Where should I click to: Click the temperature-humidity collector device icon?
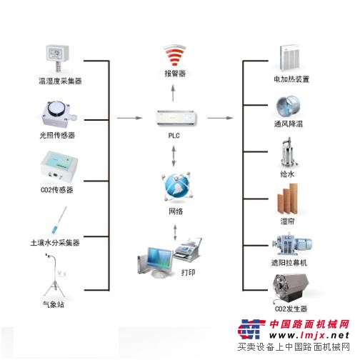pyautogui.click(x=57, y=58)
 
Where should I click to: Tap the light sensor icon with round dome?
pyautogui.click(x=59, y=114)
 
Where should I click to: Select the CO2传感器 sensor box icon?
pyautogui.click(x=59, y=166)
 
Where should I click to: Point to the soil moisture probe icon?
pyautogui.click(x=59, y=221)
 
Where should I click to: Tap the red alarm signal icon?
pyautogui.click(x=175, y=56)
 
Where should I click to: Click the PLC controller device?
pyautogui.click(x=176, y=118)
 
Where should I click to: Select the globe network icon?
pyautogui.click(x=176, y=186)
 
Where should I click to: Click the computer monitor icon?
pyautogui.click(x=156, y=262)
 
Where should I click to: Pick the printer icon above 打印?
pyautogui.click(x=188, y=249)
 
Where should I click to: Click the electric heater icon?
pyautogui.click(x=289, y=57)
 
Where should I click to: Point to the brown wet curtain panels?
pyautogui.click(x=287, y=199)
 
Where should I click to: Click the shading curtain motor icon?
pyautogui.click(x=292, y=244)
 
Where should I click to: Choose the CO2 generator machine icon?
pyautogui.click(x=291, y=289)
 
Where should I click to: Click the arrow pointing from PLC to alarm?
pyautogui.click(x=174, y=93)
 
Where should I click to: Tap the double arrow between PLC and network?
pyautogui.click(x=174, y=156)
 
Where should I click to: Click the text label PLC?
pyautogui.click(x=174, y=136)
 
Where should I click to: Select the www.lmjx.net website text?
pyautogui.click(x=309, y=336)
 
